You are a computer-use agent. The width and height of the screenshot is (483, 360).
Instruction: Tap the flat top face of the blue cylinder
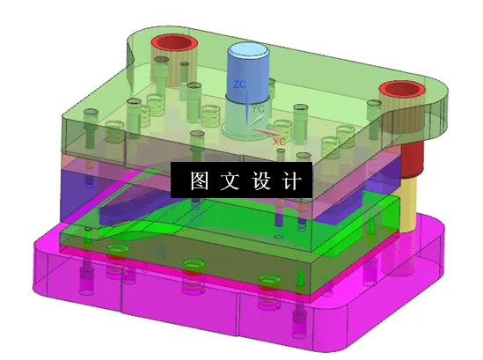click(250, 53)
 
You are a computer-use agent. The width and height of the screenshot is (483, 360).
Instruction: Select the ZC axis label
click(238, 84)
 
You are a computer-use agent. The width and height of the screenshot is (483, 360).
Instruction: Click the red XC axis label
click(278, 141)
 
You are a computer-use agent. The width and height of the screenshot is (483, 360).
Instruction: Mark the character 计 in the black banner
click(291, 181)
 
